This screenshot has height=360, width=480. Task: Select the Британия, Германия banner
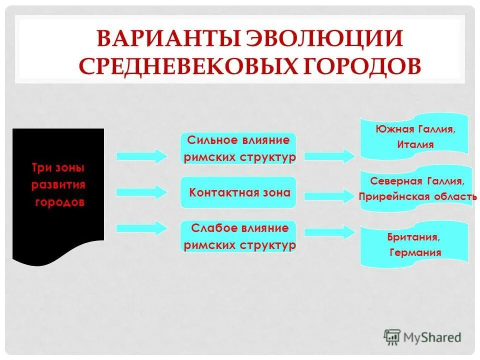coord(414,244)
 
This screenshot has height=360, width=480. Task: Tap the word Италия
coord(415,144)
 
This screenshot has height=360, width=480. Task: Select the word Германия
coord(415,252)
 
